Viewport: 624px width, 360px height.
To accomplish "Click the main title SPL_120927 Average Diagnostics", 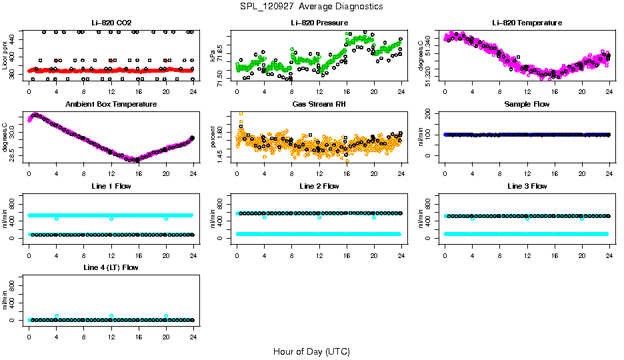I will click(312, 6).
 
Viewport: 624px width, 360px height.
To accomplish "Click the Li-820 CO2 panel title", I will click(111, 23).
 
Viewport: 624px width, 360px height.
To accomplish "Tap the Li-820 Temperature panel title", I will click(527, 23).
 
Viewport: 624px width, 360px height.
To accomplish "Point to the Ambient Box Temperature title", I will click(111, 104).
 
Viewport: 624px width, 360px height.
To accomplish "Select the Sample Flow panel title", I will click(527, 104).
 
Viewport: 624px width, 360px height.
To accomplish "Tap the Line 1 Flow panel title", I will click(111, 186).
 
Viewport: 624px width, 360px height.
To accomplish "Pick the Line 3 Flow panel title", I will click(527, 186).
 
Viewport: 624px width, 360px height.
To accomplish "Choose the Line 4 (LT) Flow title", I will click(111, 267).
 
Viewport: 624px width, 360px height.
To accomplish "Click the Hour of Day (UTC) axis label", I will click(311, 351).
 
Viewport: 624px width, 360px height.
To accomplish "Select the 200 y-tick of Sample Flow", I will click(435, 113).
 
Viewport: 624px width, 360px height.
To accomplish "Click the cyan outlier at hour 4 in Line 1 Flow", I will click(57, 218).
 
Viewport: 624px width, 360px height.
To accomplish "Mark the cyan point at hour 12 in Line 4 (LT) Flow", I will click(111, 316).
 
